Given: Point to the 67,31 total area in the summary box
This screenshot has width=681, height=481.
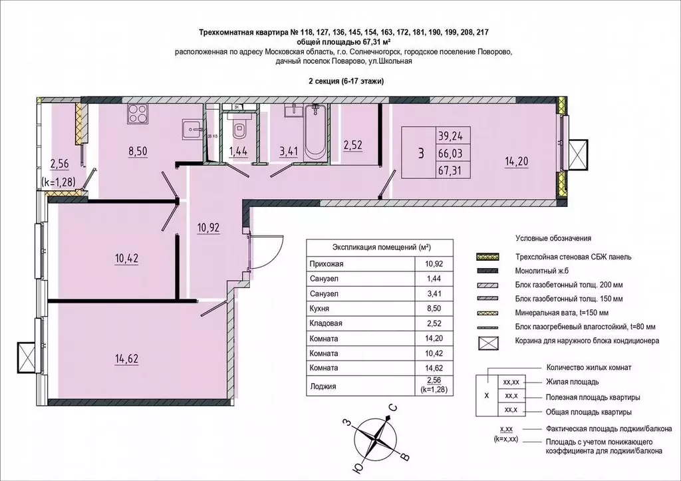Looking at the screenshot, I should point(449,170).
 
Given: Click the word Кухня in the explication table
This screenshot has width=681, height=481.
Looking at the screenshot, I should point(321,309).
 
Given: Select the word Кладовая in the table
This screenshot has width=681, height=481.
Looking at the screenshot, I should point(326,323).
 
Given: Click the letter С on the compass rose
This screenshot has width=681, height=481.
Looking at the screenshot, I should point(393,408).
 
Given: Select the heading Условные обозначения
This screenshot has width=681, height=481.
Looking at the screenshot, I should point(553,238).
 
